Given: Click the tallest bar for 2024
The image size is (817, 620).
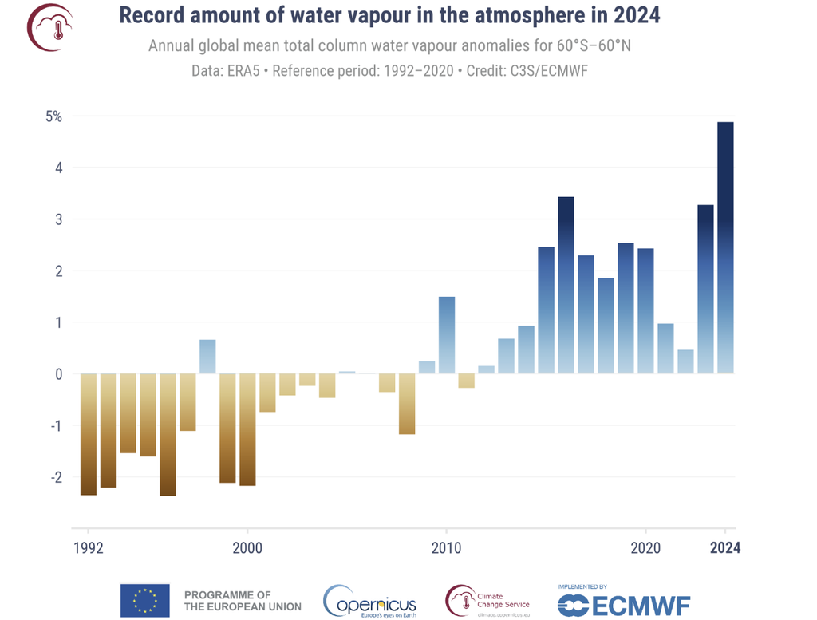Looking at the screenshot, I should [725, 247].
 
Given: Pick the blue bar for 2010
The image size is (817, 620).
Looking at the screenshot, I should [447, 335].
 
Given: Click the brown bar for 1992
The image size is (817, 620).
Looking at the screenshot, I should [88, 434].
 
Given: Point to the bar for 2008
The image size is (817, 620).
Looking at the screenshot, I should [407, 404].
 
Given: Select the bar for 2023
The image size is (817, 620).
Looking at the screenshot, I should [705, 289].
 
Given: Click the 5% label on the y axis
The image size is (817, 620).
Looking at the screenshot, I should [53, 116].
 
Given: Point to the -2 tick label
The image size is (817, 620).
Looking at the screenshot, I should [56, 477].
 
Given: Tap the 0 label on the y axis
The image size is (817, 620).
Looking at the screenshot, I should [58, 374].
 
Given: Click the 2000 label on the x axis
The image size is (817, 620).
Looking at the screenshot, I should [247, 548].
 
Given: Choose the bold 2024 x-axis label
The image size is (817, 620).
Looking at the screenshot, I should [725, 548].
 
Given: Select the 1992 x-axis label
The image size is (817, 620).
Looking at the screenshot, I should [88, 548].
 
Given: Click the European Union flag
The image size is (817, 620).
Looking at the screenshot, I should [144, 600].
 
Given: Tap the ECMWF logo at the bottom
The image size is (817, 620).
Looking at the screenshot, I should [623, 603].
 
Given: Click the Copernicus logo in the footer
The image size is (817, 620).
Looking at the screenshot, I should [369, 601].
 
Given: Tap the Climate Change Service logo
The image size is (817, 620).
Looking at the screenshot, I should [487, 601].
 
